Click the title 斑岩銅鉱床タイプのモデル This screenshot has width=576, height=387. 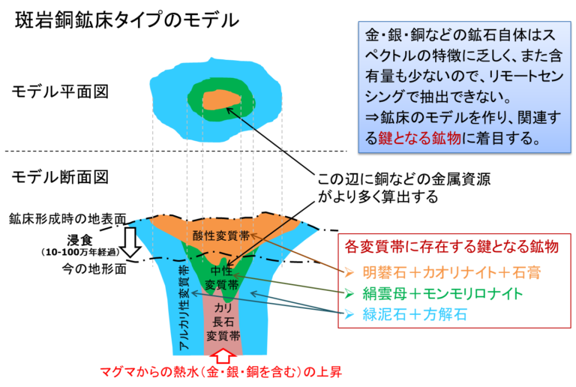pos(127,20)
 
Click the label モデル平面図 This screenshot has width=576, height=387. pos(60,91)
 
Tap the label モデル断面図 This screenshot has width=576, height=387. pos(60,177)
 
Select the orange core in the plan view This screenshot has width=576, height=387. pos(221,100)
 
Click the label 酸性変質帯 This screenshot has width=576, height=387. pos(221,235)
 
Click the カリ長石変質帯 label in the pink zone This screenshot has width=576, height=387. pos(223,322)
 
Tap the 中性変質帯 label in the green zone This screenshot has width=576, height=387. pos(221,277)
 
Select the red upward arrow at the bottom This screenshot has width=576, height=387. pos(223,355)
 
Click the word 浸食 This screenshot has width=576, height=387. pos(79,241)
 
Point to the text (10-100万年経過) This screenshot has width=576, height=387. pos(80,252)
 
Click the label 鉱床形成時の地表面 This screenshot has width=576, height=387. pos(67,219)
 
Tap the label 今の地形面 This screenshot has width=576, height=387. pos(94,268)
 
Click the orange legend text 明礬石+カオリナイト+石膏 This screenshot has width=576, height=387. pos(451,272)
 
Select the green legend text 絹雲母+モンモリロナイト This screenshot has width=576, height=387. pos(442,293)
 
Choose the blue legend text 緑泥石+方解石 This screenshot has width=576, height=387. pos(415,314)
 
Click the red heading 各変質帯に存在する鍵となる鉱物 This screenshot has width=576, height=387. pos(451,247)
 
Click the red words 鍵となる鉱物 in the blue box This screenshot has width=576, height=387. pos(419,138)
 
